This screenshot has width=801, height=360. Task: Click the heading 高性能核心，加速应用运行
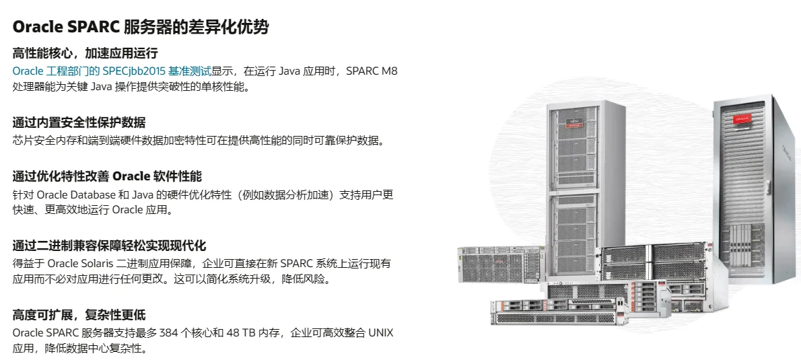(85, 53)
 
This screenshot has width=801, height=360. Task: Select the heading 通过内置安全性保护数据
(79, 122)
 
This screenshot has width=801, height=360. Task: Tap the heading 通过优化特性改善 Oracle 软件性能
(107, 176)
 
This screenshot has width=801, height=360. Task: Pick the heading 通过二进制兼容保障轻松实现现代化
(109, 245)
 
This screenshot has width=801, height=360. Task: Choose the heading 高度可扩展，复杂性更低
(79, 314)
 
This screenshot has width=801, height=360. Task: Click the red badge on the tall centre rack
(574, 122)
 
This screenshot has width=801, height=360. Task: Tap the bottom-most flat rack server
(544, 313)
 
